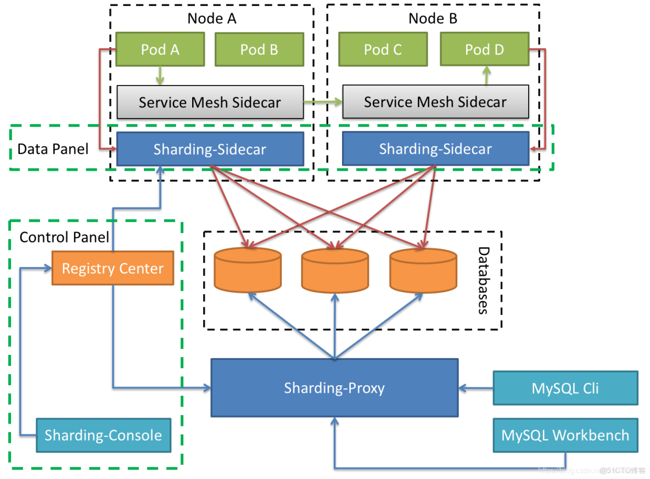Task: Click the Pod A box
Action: point(160,49)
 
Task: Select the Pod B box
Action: point(259,49)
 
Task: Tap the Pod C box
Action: point(383,49)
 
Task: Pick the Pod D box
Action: point(484,49)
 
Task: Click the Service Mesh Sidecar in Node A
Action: point(210,102)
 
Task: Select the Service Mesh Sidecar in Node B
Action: point(435,102)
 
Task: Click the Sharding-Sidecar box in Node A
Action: point(210,149)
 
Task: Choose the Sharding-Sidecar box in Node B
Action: point(435,149)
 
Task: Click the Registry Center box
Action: point(113,268)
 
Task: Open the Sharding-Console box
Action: point(103,436)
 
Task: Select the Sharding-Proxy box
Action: point(334,388)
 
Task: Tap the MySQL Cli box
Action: point(565,388)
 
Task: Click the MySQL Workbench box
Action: point(565,436)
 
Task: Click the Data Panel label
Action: point(53,149)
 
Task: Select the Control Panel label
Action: point(64,237)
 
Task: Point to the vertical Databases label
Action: point(483,280)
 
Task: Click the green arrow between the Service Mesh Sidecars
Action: point(323,102)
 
